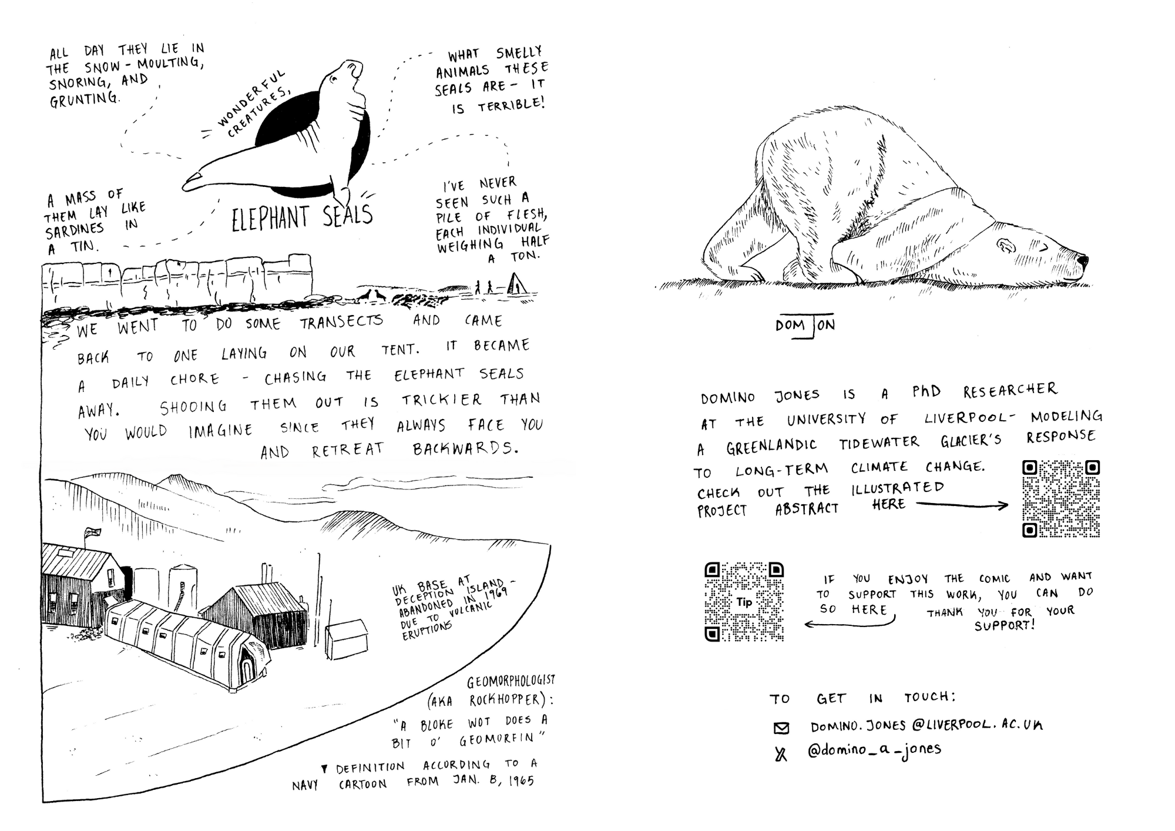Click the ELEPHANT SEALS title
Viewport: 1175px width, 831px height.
pos(302,216)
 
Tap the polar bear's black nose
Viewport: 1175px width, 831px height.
pos(1082,260)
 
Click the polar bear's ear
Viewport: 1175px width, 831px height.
pos(1005,244)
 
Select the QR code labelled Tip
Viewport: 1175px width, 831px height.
pos(744,602)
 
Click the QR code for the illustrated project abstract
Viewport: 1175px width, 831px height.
pos(1061,499)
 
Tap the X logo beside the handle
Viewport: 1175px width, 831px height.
pos(781,753)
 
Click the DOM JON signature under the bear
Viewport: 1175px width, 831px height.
pos(805,327)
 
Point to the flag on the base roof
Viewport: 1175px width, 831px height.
pos(92,532)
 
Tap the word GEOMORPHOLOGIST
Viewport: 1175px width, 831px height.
pos(511,681)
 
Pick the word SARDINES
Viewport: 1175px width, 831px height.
pos(75,230)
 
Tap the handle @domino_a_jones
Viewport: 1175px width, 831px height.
pos(874,750)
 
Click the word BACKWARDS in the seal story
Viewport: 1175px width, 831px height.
pos(466,450)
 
